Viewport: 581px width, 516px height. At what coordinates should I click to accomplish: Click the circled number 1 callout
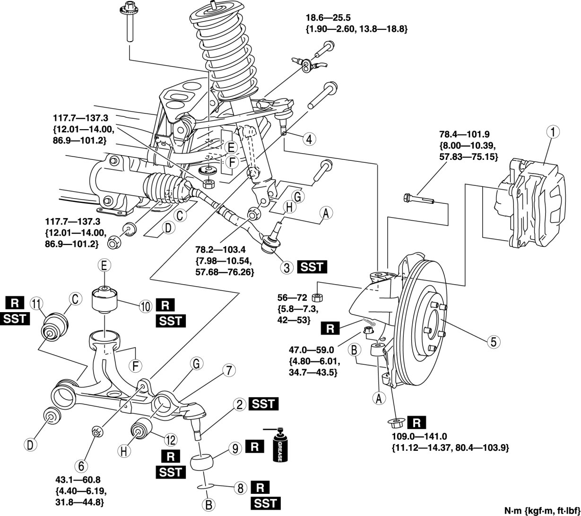[553, 132]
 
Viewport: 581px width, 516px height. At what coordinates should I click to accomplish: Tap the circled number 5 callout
[493, 342]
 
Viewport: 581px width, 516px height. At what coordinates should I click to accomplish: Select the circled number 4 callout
[309, 139]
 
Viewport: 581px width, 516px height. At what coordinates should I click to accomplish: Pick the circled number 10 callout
[146, 307]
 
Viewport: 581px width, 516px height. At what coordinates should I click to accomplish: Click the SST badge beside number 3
[312, 267]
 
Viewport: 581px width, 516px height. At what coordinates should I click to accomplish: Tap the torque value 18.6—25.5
[328, 18]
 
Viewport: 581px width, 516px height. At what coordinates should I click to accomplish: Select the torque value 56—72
[292, 297]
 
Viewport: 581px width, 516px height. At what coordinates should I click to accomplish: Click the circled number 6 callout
[81, 466]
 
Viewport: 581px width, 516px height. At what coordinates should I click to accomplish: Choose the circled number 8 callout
[240, 488]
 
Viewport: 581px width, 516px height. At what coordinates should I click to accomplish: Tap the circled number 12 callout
[171, 440]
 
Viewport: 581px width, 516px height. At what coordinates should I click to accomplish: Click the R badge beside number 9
[255, 447]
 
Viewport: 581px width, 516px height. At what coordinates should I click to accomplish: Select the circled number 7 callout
[229, 370]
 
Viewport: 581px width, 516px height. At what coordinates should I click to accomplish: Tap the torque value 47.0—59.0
[311, 350]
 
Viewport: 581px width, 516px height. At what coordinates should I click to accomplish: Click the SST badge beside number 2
[263, 404]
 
